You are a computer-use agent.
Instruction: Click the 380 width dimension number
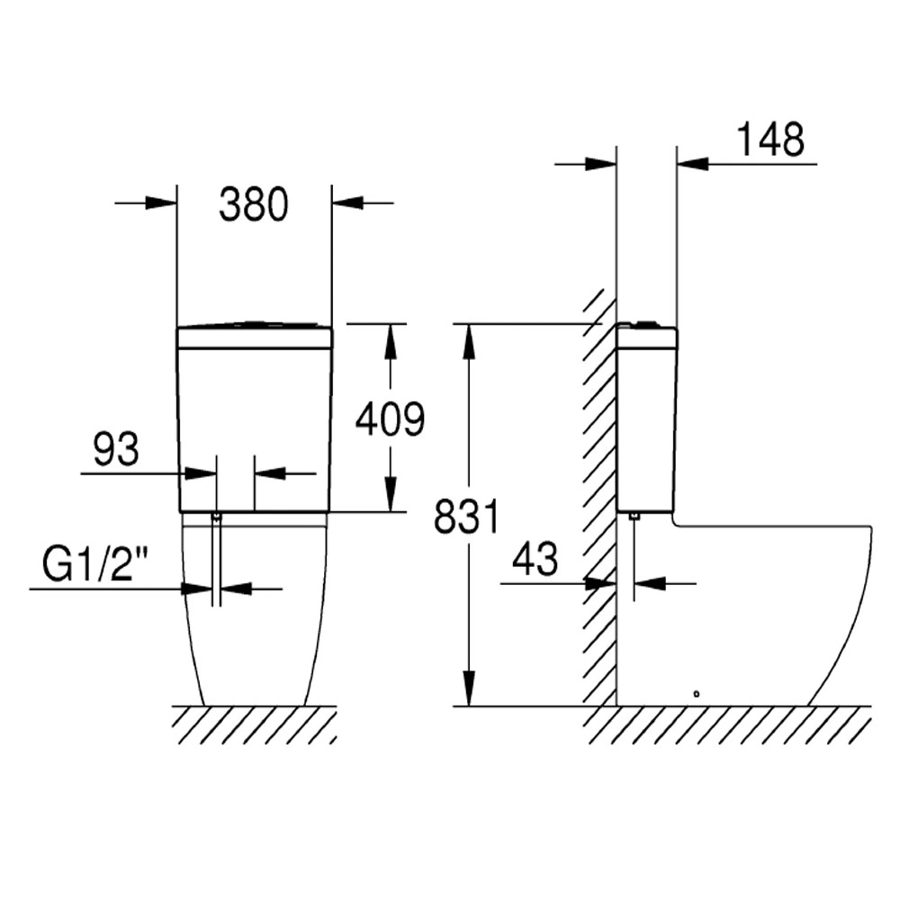(x=254, y=204)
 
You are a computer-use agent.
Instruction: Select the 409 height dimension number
(x=391, y=418)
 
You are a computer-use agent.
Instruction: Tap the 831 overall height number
(x=466, y=517)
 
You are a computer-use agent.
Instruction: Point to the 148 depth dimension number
(x=770, y=139)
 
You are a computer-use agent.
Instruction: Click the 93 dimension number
(x=116, y=449)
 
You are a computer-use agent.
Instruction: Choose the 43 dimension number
(x=535, y=558)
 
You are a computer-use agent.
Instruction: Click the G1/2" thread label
(x=95, y=563)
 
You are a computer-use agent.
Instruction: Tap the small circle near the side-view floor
(x=697, y=694)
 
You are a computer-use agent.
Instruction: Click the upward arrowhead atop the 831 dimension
(x=470, y=342)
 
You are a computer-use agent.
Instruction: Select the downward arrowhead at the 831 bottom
(x=470, y=688)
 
